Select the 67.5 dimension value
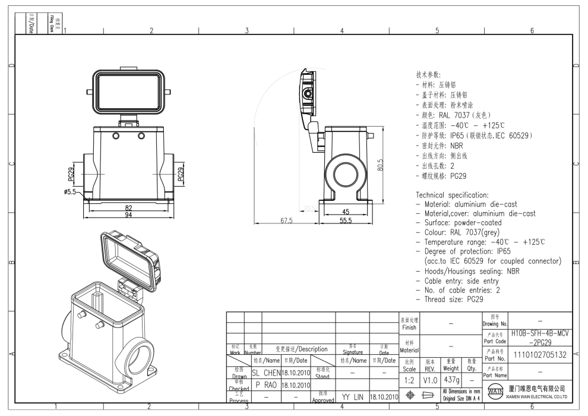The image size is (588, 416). (287, 220)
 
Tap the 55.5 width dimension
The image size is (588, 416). (345, 220)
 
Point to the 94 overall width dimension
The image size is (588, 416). (129, 215)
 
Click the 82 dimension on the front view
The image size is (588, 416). (129, 207)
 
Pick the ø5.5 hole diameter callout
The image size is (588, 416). (73, 192)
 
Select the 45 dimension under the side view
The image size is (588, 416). (346, 212)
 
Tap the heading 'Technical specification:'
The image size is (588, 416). (452, 195)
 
